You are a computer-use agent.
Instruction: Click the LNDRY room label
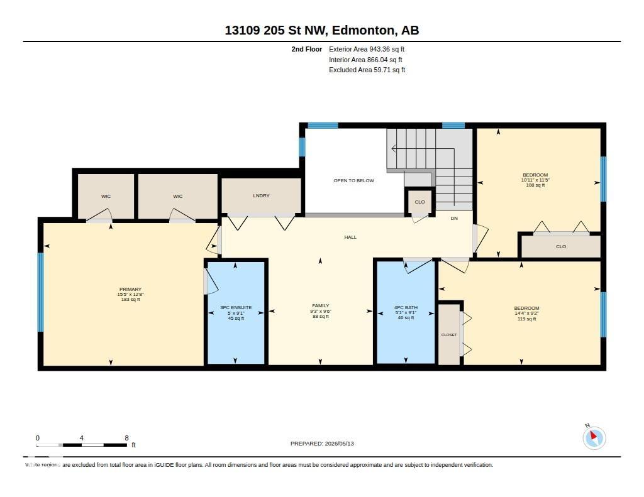pos(261,196)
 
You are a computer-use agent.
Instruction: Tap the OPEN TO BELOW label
pos(353,180)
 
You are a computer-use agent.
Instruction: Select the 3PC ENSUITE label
pos(236,307)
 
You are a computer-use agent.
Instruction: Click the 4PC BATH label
pos(406,307)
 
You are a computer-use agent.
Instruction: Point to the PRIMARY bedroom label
pos(130,289)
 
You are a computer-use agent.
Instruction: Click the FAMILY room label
pos(320,306)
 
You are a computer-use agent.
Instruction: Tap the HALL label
pos(350,238)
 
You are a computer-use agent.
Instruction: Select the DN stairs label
pos(454,218)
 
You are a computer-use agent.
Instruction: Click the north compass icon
pos(594,437)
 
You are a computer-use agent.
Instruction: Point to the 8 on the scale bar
pos(126,438)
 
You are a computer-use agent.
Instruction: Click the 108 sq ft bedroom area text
pos(535,185)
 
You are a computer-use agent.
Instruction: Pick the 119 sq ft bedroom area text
pos(526,319)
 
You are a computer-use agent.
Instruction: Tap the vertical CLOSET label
pos(449,335)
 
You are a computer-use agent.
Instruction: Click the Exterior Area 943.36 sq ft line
pos(367,49)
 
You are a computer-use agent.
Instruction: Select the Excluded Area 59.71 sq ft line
pos(367,70)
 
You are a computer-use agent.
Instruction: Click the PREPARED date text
pos(322,444)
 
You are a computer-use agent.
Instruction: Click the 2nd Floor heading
pos(307,49)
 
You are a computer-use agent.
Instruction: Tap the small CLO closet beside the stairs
pos(419,202)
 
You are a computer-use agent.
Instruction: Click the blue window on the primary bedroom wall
pos(41,292)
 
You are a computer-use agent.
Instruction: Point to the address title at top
pos(322,30)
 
